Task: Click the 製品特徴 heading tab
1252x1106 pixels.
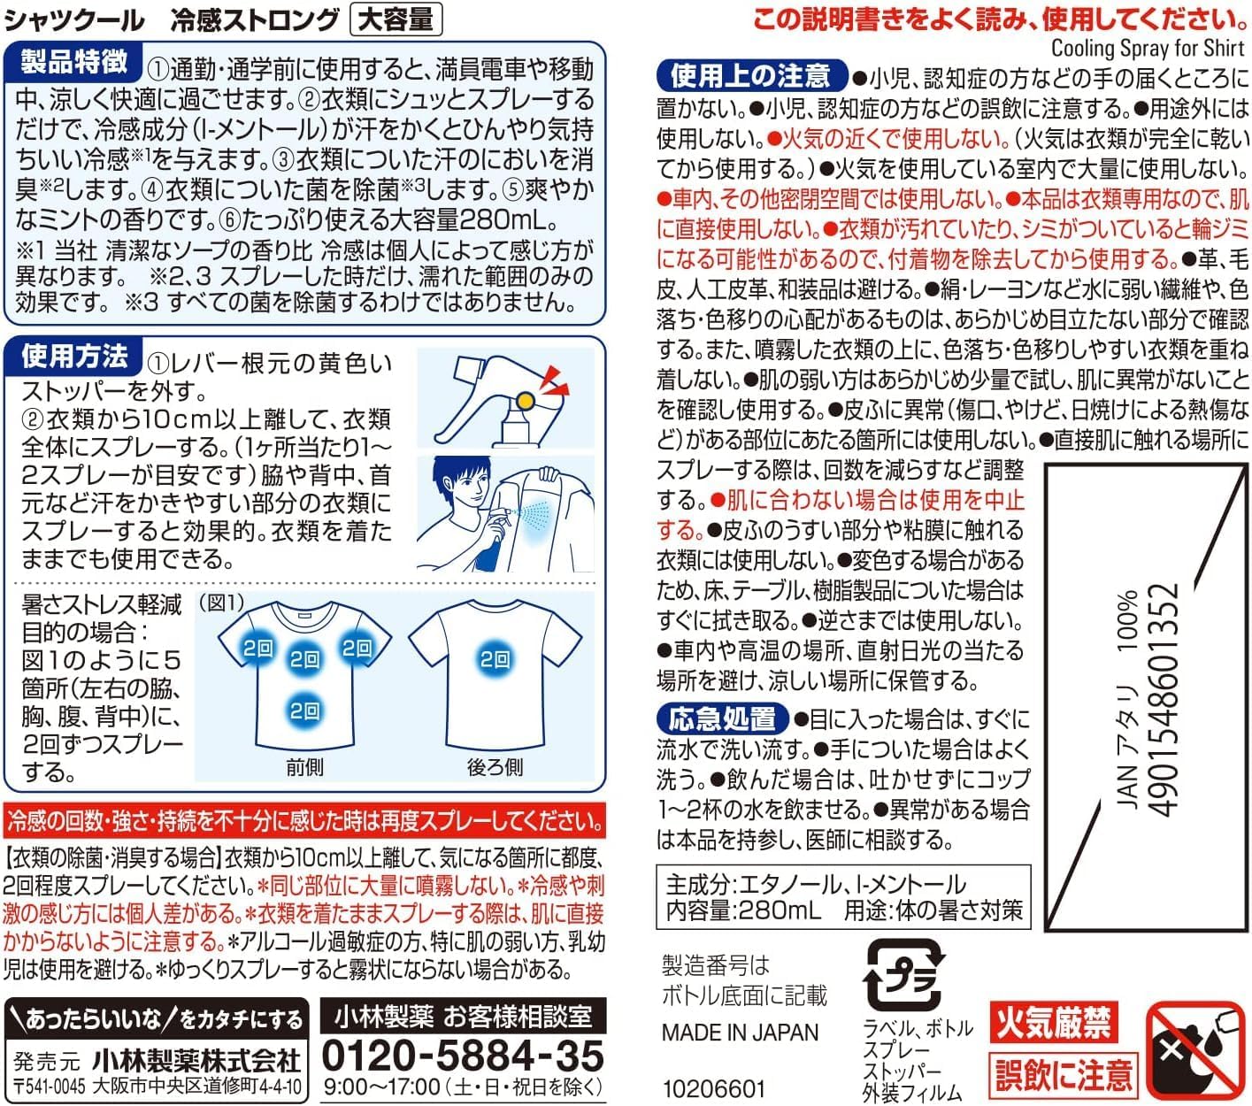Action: click(73, 62)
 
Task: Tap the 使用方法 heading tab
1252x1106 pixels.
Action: click(73, 357)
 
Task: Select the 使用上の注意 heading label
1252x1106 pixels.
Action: click(750, 76)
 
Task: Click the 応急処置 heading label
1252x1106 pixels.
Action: click(722, 718)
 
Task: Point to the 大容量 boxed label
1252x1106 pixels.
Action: click(396, 19)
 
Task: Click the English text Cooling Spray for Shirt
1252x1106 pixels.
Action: click(1148, 48)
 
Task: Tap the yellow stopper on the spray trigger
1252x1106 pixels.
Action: click(526, 402)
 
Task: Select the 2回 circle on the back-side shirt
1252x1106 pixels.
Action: click(495, 659)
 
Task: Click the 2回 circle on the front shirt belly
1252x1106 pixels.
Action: click(304, 710)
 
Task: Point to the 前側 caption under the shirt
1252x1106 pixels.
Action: click(304, 767)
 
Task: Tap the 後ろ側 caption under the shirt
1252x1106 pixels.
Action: click(495, 767)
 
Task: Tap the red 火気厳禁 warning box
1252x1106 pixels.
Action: click(1054, 1021)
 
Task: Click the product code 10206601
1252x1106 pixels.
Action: click(713, 1089)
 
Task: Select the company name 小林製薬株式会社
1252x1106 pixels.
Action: click(196, 1061)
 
